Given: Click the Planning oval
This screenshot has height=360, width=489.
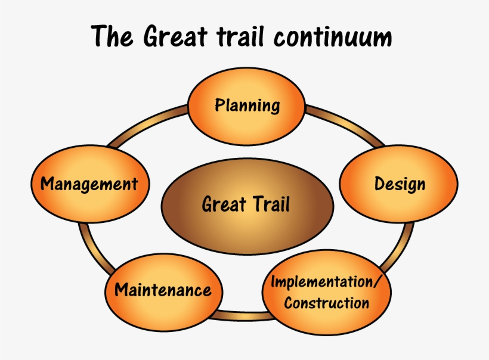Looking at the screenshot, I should [247, 106].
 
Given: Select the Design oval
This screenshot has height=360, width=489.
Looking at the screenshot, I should [399, 184].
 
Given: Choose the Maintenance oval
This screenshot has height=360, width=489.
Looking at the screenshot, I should [163, 290].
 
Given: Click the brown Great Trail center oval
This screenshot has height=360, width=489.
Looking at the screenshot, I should [246, 204].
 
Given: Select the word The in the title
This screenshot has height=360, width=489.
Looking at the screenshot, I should [113, 37].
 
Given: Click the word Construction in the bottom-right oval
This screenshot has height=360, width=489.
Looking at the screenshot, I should [326, 303].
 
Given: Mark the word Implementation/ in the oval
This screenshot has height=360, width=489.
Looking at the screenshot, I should [326, 281].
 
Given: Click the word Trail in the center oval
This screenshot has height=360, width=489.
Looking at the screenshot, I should [270, 204].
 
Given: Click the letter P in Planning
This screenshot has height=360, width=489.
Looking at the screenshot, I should [219, 106].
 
